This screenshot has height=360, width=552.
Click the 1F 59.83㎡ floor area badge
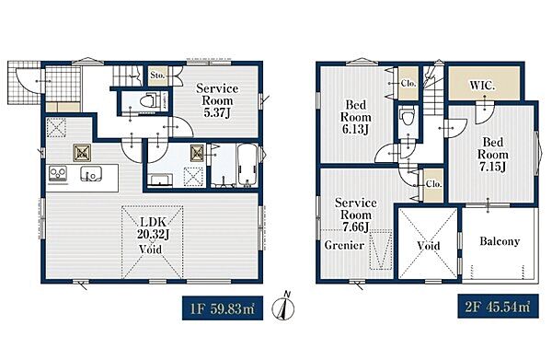coord(223,308)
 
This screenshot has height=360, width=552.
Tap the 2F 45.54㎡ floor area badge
coord(498,306)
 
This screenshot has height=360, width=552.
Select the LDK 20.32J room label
coord(153,227)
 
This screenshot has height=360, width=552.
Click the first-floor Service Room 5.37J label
coord(217,100)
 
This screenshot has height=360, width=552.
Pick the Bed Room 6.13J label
coord(355,117)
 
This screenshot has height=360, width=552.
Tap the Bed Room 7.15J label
coord(492,155)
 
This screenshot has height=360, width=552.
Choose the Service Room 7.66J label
coord(355,215)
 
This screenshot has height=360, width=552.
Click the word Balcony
coord(500,241)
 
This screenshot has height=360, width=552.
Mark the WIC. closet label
coord(483,86)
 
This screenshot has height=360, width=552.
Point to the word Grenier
coord(344,245)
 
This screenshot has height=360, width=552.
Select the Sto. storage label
coord(157,75)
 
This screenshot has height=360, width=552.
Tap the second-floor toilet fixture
coord(408,116)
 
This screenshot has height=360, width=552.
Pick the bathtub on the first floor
coord(247,165)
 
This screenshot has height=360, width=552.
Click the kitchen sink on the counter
coord(91,174)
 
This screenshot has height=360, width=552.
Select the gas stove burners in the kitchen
coord(58,173)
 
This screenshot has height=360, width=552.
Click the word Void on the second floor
coord(429,246)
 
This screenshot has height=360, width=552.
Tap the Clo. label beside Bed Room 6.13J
coord(408,84)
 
